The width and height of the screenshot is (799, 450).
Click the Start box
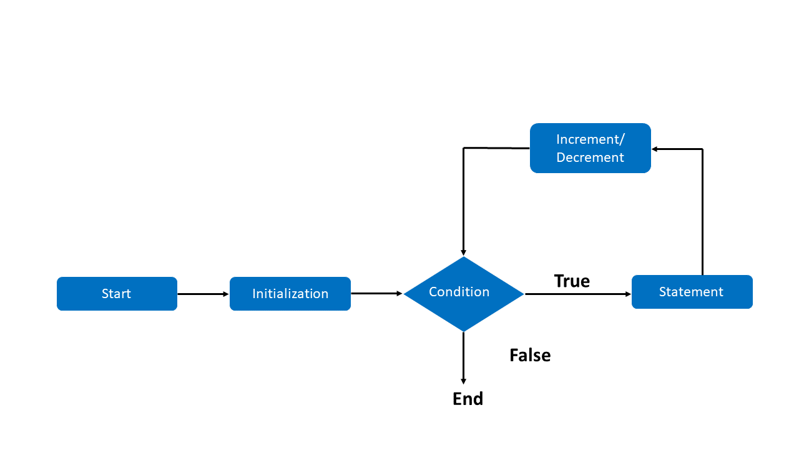117,294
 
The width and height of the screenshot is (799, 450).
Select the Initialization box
290,294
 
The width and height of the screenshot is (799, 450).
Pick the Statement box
692,292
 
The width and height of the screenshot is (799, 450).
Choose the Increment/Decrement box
590,148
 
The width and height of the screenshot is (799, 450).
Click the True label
572,281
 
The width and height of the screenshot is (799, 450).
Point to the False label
530,355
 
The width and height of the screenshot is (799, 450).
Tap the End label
468,399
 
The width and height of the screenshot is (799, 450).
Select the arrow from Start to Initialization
203,294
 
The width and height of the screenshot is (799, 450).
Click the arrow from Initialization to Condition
376,293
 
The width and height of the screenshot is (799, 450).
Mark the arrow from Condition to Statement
577,294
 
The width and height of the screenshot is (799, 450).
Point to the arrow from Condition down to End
463,357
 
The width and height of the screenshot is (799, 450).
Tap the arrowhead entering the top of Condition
463,252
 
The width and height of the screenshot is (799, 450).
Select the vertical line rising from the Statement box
702,212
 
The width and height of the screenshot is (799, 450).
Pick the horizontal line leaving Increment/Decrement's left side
496,148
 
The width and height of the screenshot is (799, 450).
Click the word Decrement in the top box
590,157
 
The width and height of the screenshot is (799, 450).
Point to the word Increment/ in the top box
590,139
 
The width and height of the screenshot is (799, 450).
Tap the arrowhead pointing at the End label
463,381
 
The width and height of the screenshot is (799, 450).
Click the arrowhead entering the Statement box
628,294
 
